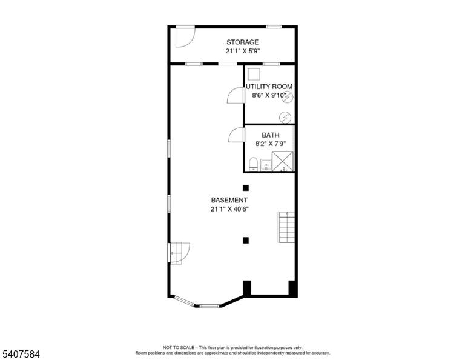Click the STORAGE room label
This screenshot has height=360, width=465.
click(243, 42)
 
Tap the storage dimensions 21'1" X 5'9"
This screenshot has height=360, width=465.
click(243, 51)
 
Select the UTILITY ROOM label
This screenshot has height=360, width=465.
click(269, 87)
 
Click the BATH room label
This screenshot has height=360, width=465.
click(271, 135)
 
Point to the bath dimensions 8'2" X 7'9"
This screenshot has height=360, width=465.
click(271, 144)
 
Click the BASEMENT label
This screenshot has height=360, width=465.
click(229, 200)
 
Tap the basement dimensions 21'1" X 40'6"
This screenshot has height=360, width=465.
click(229, 209)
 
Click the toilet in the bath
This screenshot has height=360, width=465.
click(253, 164)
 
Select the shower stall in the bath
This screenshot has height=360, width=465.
click(283, 161)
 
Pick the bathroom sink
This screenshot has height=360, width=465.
click(266, 165)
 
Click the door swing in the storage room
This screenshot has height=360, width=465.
click(185, 36)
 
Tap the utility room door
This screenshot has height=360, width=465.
click(236, 96)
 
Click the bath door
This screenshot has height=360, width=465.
click(236, 135)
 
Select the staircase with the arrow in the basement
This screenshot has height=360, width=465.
click(286, 227)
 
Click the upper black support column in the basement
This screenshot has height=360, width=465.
click(246, 188)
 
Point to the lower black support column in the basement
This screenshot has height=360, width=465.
click(246, 241)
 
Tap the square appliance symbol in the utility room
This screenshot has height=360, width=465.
click(254, 74)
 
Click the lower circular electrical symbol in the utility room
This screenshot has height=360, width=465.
click(285, 118)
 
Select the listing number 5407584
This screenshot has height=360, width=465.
click(21, 354)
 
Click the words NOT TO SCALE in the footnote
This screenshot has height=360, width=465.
click(178, 347)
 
